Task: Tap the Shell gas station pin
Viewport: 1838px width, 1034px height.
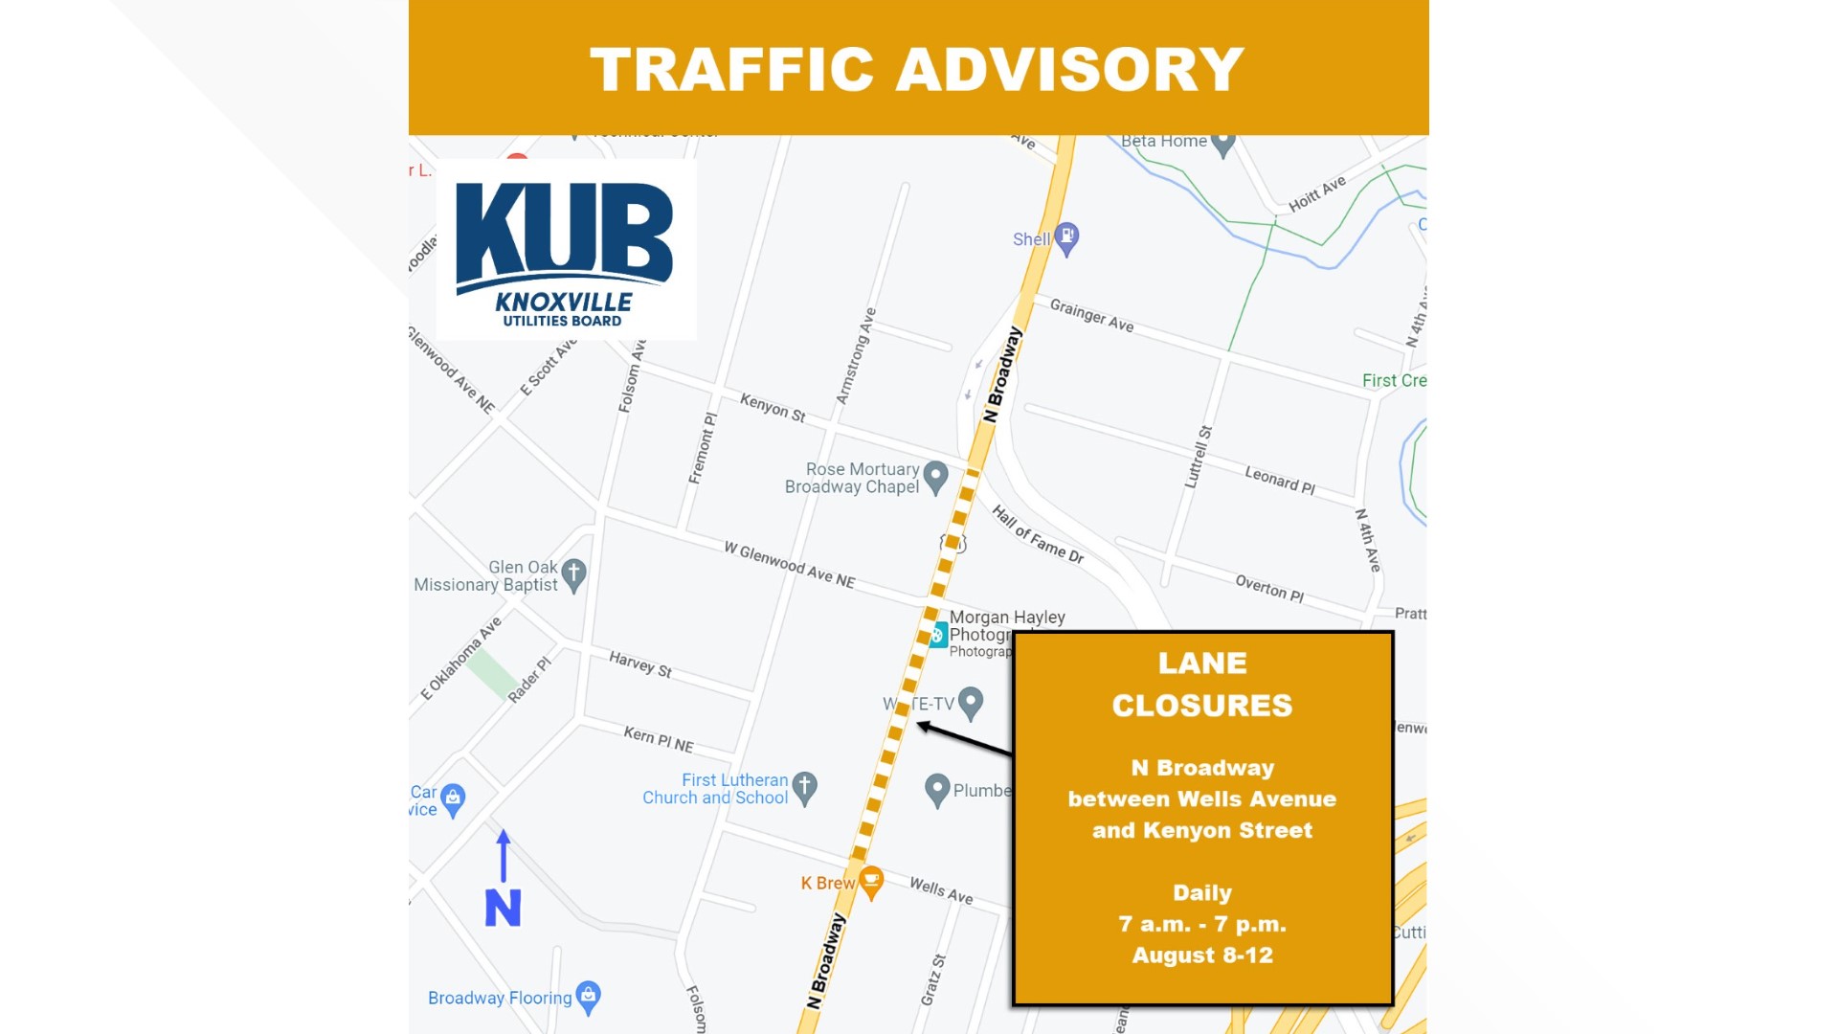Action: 1066,238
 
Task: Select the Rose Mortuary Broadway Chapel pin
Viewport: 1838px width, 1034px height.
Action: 935,476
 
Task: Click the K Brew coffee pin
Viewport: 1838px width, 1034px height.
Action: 871,882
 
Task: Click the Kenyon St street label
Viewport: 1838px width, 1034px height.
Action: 773,408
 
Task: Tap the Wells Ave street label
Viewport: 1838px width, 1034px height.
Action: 941,890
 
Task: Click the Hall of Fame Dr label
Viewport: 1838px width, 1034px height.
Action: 1038,534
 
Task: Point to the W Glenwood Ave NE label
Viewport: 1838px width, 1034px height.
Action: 790,564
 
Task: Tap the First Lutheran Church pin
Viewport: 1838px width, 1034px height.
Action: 805,787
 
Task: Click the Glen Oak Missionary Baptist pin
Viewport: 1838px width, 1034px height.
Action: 573,574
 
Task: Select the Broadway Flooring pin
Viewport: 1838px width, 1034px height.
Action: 589,997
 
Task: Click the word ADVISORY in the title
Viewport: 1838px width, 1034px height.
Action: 1069,69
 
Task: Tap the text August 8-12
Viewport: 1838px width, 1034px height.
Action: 1202,955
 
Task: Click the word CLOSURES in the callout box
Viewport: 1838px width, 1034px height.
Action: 1202,706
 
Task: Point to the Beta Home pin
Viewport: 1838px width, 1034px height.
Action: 1222,144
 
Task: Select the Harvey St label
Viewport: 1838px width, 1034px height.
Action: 640,664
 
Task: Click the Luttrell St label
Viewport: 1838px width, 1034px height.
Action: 1199,457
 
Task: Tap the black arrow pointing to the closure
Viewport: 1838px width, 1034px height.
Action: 962,739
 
